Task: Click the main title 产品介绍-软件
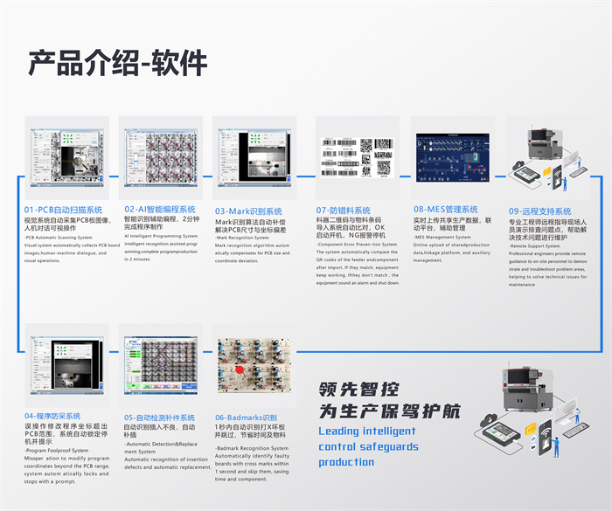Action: click(118, 62)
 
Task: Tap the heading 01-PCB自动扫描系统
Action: click(64, 211)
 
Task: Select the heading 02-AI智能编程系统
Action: click(163, 211)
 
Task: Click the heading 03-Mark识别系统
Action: click(248, 211)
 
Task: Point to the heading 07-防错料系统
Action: click(344, 211)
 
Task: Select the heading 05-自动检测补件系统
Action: click(160, 418)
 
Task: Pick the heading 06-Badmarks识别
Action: click(246, 418)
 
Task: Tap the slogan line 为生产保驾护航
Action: click(389, 412)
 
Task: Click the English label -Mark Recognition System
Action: click(242, 238)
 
